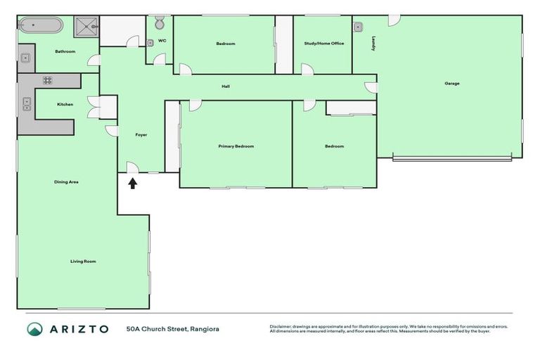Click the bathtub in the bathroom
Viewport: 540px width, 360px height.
[x=40, y=26]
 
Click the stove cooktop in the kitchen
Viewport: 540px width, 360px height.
[x=47, y=80]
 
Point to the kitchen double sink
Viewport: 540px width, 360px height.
[x=27, y=105]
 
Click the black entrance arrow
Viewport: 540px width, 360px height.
[x=131, y=184]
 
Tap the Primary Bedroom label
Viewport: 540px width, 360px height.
[x=236, y=146]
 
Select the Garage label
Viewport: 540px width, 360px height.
[x=451, y=83]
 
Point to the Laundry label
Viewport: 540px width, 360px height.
[x=372, y=44]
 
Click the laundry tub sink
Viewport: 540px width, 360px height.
[x=359, y=27]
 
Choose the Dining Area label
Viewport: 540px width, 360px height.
[x=66, y=182]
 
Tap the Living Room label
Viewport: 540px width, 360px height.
[x=82, y=261]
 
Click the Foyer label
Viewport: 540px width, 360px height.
[x=141, y=134]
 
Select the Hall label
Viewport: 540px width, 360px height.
[x=225, y=86]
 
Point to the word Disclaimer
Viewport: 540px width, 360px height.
[x=282, y=326]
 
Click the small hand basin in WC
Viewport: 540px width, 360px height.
[x=150, y=43]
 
